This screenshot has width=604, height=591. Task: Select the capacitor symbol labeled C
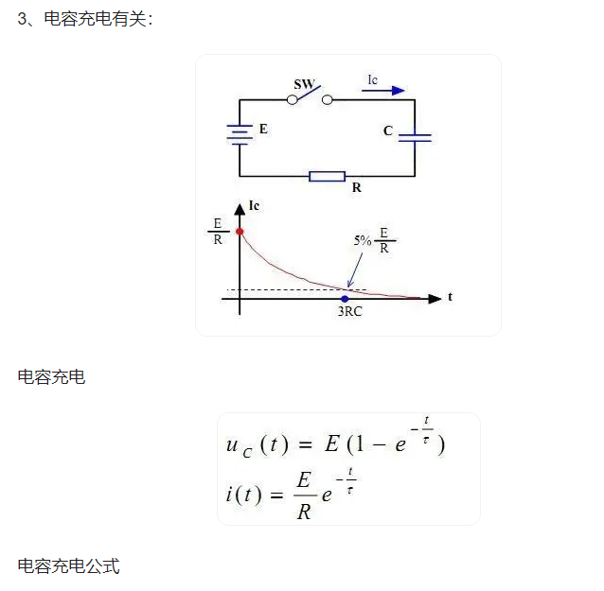click(415, 138)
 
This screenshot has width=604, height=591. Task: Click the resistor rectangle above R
click(328, 176)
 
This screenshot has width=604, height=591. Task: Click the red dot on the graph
click(240, 231)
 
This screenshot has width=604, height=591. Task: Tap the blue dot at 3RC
click(345, 299)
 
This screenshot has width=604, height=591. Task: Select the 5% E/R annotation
click(374, 241)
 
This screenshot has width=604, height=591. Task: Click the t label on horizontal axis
click(450, 296)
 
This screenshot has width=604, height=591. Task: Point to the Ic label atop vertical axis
click(254, 206)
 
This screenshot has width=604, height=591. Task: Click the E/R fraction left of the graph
click(217, 231)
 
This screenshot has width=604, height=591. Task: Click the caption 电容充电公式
click(68, 566)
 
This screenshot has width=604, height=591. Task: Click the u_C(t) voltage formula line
click(335, 443)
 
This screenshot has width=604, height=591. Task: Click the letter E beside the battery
click(263, 129)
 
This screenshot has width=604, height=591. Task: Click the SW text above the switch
click(304, 84)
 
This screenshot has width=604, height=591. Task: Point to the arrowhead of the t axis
click(435, 299)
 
